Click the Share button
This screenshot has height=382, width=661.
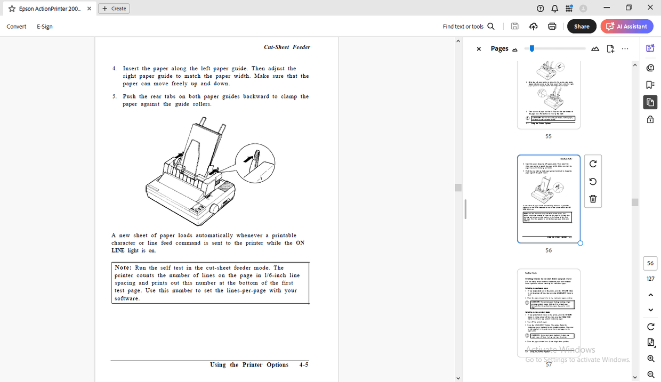(582, 26)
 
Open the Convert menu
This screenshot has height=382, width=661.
(17, 26)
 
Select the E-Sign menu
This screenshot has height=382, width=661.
(45, 26)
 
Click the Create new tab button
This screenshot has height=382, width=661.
(114, 9)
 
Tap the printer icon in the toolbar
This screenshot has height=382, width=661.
(552, 26)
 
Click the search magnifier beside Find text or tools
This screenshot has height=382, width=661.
(491, 26)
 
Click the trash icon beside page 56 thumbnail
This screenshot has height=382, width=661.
(593, 199)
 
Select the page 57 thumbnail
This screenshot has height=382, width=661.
(549, 312)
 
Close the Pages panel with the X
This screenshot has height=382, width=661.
(479, 49)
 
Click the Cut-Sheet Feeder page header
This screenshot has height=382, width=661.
(287, 47)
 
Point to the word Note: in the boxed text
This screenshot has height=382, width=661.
(123, 267)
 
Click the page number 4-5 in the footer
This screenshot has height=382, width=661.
(304, 365)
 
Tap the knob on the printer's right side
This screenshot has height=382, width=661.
(215, 207)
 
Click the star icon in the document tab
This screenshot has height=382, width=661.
(12, 9)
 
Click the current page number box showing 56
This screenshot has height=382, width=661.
(650, 263)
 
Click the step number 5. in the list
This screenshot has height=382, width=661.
(115, 96)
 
